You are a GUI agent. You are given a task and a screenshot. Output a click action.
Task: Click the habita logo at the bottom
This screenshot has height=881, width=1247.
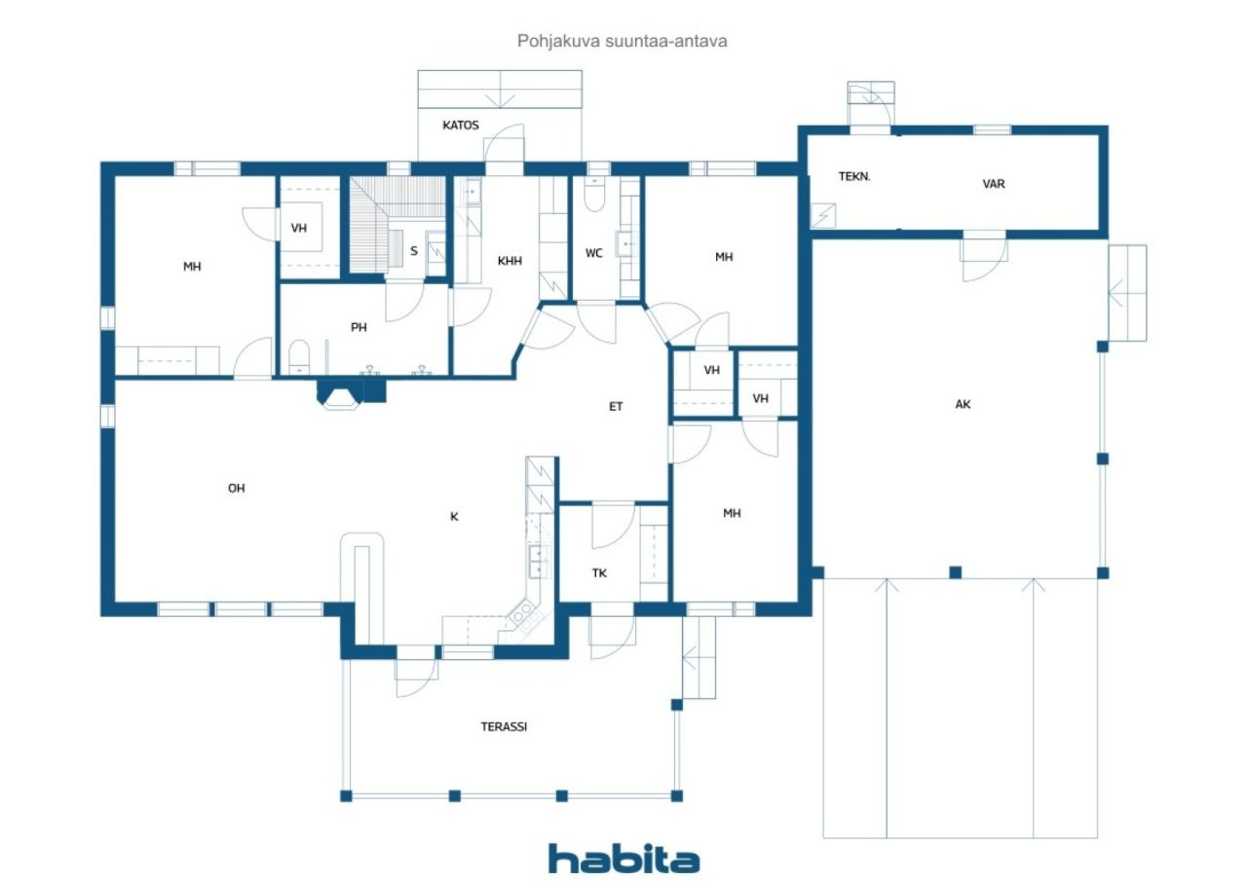[623, 859]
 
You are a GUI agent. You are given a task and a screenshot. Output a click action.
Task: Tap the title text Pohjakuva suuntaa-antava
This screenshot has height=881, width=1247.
[622, 41]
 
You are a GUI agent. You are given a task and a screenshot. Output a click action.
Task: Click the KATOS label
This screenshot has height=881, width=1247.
[461, 126]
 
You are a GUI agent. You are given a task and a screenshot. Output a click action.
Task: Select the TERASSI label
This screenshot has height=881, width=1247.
[504, 726]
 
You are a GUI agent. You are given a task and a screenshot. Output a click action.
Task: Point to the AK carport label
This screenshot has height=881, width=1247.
[963, 404]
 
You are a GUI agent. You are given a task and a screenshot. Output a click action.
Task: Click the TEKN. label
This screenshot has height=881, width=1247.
[854, 176]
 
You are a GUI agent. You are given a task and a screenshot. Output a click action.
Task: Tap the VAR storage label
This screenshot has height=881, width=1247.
[994, 184]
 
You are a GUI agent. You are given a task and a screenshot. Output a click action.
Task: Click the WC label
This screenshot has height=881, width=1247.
[594, 254]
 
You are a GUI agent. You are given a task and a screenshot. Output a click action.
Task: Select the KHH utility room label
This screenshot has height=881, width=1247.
[510, 261]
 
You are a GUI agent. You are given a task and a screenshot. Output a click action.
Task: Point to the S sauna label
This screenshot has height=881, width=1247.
[414, 251]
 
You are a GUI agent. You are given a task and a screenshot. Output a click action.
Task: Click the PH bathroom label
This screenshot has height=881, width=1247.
[359, 328]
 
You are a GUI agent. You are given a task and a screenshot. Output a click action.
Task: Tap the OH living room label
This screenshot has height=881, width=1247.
[236, 489]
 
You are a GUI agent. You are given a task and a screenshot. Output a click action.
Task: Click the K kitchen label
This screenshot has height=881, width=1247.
[454, 517]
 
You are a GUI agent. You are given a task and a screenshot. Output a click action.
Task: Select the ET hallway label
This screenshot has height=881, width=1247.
[615, 407]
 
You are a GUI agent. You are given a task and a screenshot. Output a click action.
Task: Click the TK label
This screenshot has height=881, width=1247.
[599, 572]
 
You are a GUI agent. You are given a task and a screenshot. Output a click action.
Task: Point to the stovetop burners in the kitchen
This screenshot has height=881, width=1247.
[524, 614]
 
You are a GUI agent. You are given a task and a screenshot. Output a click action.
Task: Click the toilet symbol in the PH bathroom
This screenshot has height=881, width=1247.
[299, 357]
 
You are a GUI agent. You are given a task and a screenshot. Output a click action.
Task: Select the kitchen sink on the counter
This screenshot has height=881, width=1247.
[538, 561]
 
